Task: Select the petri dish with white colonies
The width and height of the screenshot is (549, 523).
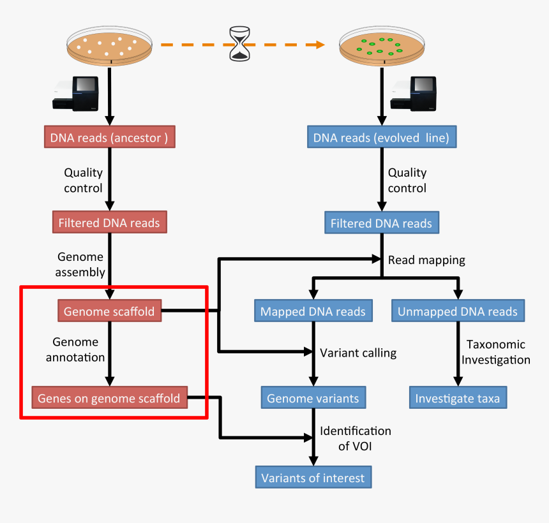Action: point(110,47)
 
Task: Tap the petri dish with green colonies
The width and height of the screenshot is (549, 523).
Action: point(381,47)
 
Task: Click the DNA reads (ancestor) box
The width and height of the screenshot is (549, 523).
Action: point(109,138)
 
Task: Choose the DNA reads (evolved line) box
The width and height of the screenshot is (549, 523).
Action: point(382,138)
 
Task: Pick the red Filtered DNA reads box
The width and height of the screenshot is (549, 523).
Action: point(109,223)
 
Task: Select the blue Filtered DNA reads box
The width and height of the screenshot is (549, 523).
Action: point(381,224)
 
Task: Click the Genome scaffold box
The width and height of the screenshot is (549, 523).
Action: point(109,311)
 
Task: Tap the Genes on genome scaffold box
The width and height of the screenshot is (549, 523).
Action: point(109,399)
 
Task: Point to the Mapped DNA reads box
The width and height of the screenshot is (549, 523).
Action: point(313,311)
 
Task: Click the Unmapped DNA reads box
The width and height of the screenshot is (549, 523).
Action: point(458,311)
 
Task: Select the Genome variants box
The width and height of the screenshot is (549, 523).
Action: point(313,399)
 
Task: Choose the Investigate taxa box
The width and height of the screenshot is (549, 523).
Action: point(458,399)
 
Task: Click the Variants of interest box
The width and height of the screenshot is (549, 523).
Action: point(313,478)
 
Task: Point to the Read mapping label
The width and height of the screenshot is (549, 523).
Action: point(426,260)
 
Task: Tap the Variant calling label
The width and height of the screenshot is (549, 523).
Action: point(358,353)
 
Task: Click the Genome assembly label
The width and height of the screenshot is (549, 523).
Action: point(81,265)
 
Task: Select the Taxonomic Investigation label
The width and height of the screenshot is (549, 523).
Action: point(496,352)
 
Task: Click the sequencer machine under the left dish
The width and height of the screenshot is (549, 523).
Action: point(77,93)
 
